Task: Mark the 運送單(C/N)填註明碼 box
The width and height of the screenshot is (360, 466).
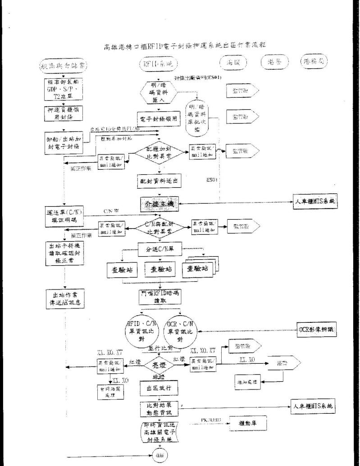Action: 64,215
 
